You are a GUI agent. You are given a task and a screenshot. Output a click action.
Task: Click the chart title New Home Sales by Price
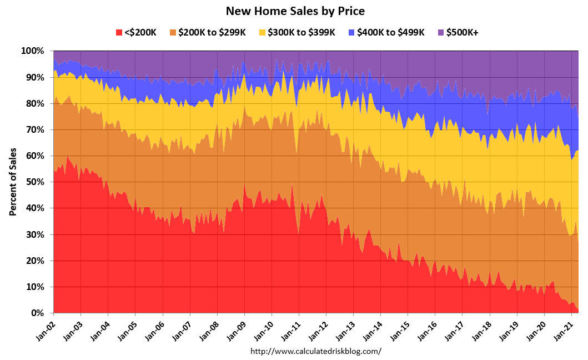tap(295, 11)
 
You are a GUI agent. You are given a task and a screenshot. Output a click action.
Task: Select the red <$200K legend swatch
tap(119, 32)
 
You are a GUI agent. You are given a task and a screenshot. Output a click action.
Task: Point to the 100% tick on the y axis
tap(32, 51)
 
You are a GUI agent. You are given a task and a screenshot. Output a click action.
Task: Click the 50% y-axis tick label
tap(34, 182)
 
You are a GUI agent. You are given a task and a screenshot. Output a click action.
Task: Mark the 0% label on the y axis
tap(37, 313)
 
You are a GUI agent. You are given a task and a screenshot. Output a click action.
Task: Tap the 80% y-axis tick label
tap(34, 103)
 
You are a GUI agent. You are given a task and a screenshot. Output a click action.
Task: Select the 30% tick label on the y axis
tap(34, 234)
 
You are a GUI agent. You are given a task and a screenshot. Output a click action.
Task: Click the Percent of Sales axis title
tap(12, 182)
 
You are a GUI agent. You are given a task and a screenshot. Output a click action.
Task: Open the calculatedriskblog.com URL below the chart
tap(316, 351)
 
